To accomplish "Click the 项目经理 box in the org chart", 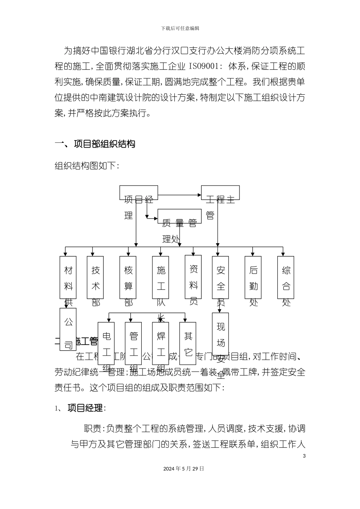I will click(x=139, y=193).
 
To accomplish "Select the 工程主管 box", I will click(x=220, y=193).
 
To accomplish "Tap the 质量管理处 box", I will click(x=179, y=216).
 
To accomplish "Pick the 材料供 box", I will click(x=68, y=277).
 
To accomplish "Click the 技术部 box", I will click(x=95, y=277).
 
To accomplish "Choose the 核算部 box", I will click(x=128, y=277).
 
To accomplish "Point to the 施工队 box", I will click(x=161, y=277).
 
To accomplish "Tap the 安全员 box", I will click(x=221, y=277).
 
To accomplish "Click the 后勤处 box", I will click(x=253, y=277).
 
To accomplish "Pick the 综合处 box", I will click(x=286, y=277).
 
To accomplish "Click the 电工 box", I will click(x=106, y=343).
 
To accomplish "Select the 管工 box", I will click(x=133, y=343).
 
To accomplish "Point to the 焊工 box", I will click(x=161, y=343).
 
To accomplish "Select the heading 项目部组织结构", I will click(x=104, y=144).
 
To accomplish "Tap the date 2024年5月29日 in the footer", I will click(x=184, y=468).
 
